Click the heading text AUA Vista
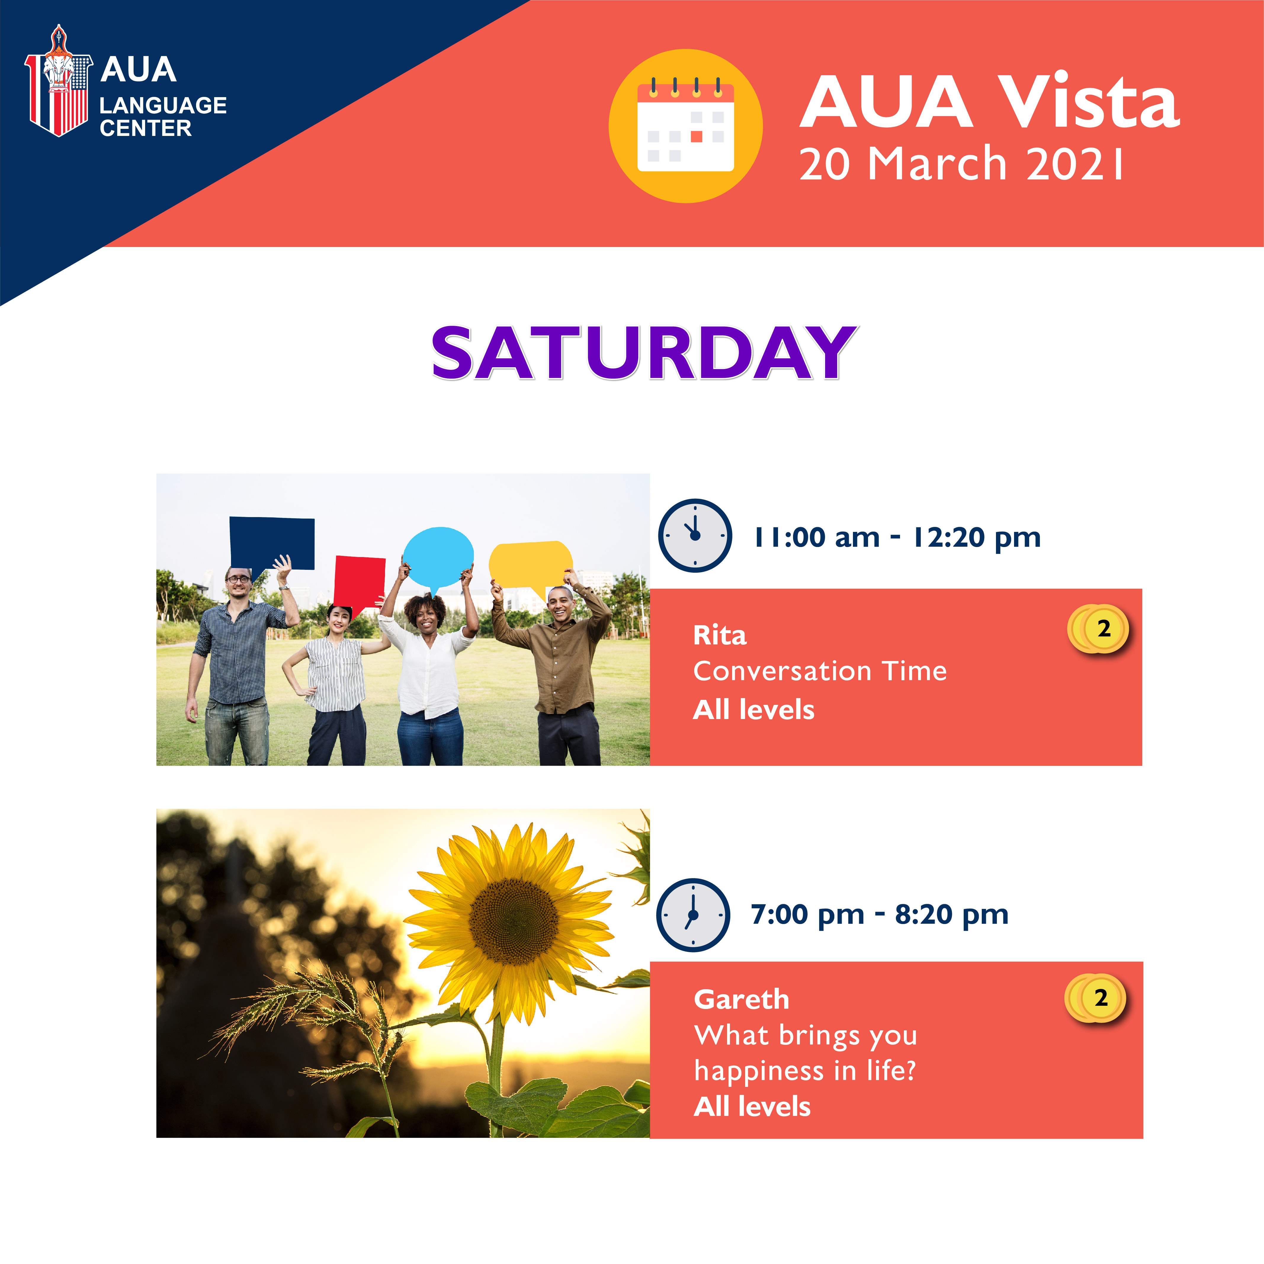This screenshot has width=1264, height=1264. [x=990, y=101]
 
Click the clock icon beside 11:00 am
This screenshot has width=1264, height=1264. [x=695, y=535]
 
